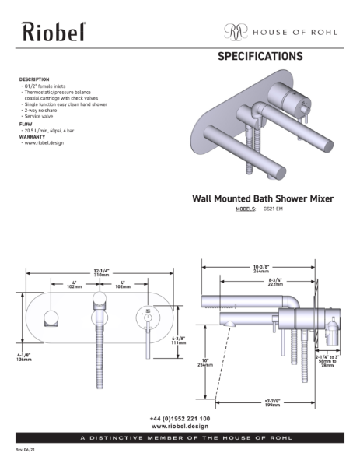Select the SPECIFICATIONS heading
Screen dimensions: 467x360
click(260, 57)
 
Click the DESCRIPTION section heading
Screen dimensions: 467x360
click(34, 79)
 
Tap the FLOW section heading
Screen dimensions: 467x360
click(26, 124)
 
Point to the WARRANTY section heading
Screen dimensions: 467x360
click(32, 137)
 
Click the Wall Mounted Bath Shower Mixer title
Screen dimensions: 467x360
click(263, 198)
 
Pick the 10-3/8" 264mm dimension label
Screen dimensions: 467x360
click(260, 269)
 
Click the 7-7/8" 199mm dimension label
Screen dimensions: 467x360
click(271, 403)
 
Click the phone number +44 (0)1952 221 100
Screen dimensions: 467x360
click(180, 419)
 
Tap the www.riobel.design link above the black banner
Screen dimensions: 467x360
click(180, 427)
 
